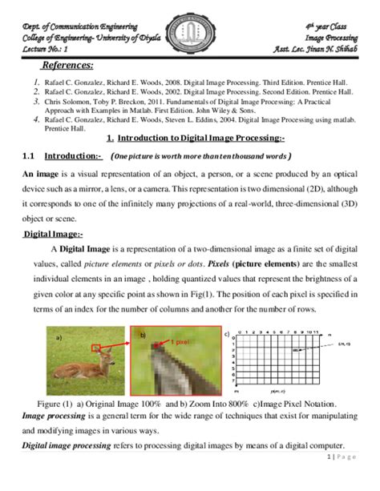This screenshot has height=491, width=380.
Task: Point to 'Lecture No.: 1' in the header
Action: (x=48, y=49)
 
